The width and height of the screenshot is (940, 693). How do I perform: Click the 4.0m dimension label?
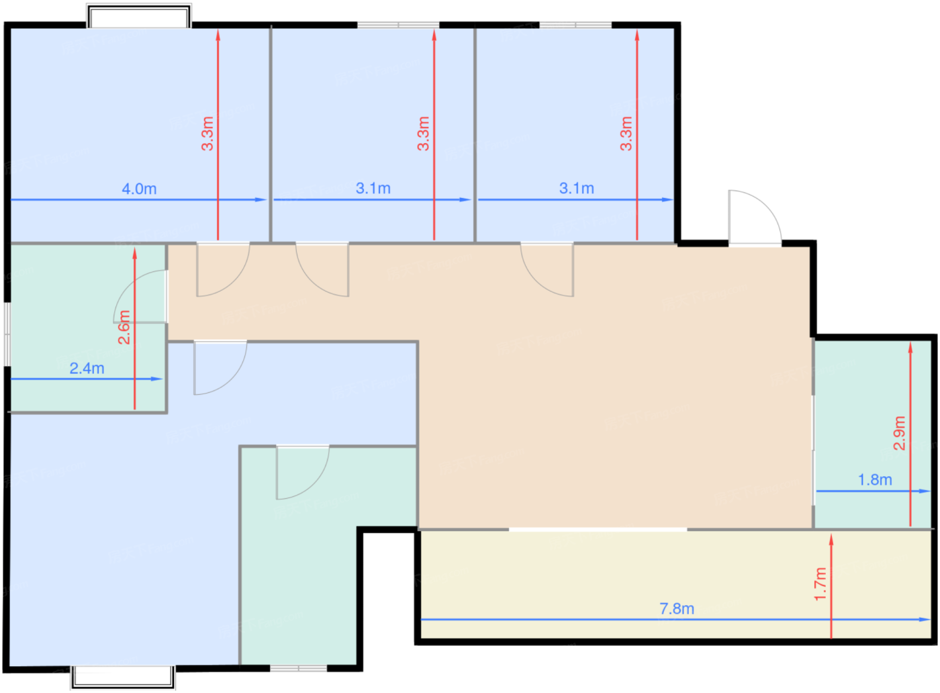140,189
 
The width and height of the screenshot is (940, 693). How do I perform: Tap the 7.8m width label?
677,609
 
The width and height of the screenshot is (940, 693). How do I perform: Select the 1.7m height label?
820,584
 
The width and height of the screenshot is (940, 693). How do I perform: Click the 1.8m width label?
875,479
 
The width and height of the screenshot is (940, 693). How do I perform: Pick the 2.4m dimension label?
87,369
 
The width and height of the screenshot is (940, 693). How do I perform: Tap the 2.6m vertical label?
124,328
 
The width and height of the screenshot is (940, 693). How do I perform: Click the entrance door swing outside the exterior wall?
755,217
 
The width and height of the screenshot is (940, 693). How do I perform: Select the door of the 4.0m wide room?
223,269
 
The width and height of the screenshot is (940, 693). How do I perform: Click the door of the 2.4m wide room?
140,296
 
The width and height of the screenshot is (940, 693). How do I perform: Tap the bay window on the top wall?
139,16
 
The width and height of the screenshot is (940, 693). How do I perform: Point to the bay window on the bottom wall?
123,677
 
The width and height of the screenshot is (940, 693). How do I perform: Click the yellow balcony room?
675,585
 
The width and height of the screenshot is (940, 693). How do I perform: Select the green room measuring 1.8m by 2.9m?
872,434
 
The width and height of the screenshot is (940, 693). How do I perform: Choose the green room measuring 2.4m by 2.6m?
87,328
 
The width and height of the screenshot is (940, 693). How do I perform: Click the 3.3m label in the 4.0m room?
207,134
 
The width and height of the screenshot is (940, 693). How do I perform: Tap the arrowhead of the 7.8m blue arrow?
925,620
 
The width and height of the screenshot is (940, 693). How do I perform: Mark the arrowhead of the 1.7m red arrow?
831,539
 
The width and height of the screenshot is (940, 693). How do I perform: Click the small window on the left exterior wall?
7,334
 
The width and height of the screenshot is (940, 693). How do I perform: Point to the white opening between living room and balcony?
598,530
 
